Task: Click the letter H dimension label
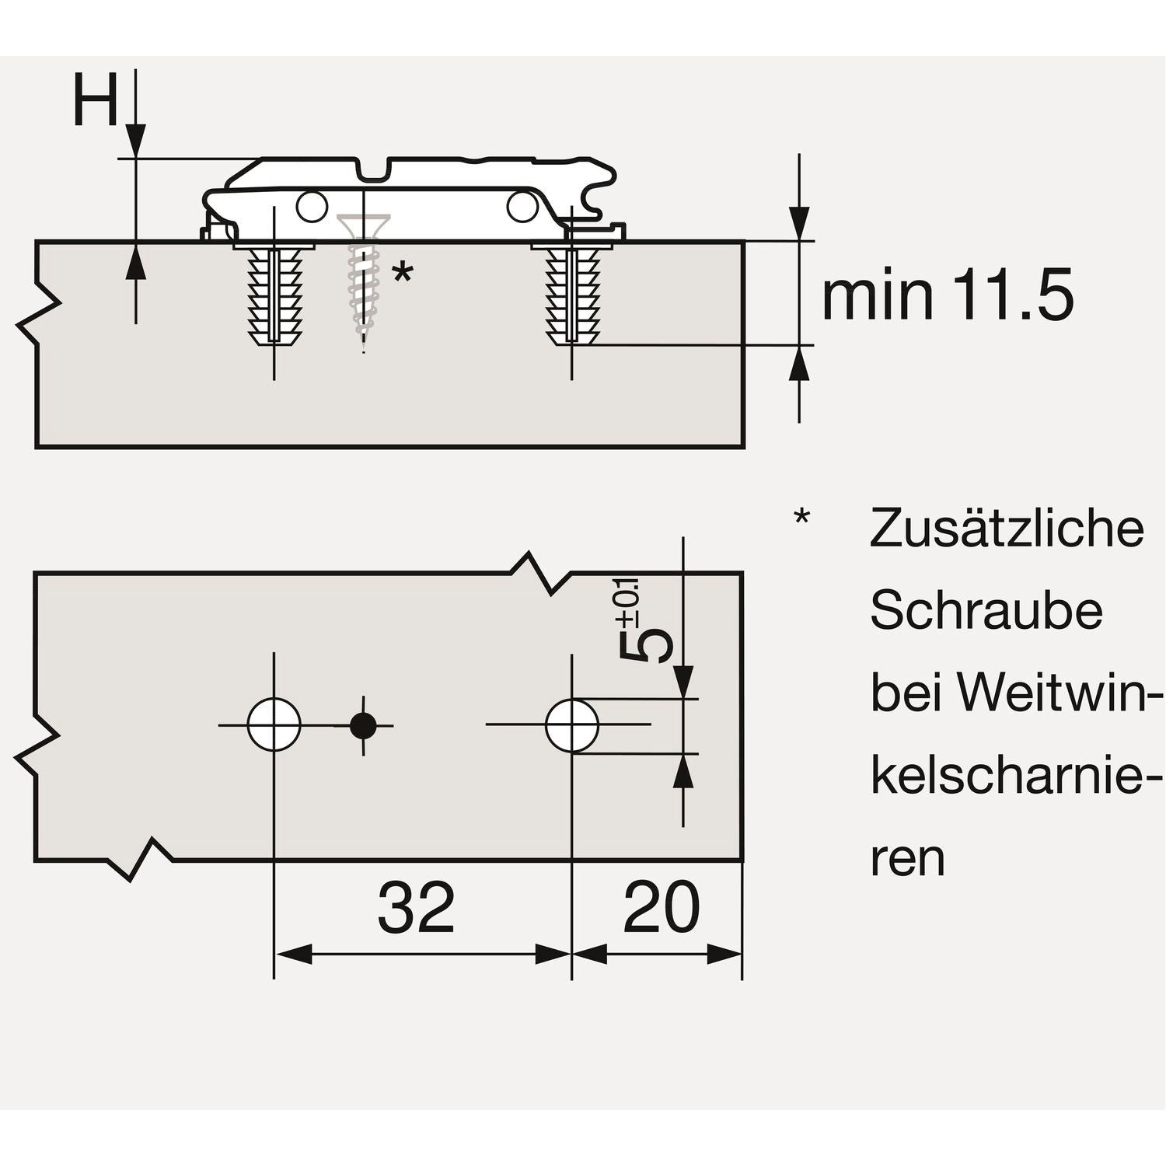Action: [95, 101]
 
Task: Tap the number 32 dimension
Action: [416, 909]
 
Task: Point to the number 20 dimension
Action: [662, 907]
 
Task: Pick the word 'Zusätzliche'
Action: [1007, 528]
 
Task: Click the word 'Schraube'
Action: [986, 610]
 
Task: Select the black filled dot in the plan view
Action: [363, 725]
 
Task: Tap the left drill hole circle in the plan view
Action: [274, 724]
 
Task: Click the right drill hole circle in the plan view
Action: [572, 725]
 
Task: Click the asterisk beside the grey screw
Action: [402, 274]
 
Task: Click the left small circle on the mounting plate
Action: [311, 206]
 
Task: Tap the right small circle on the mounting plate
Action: [522, 205]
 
